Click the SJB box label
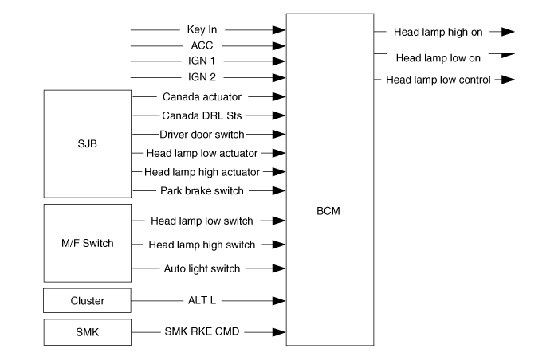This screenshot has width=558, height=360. pyautogui.click(x=87, y=143)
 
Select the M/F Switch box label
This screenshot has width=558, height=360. pyautogui.click(x=88, y=244)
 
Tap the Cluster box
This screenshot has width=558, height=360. pyautogui.click(x=87, y=300)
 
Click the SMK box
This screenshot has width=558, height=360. pyautogui.click(x=88, y=332)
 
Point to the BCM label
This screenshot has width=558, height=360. pyautogui.click(x=328, y=211)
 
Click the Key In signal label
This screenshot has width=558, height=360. pyautogui.click(x=202, y=29)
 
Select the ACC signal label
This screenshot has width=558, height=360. pyautogui.click(x=202, y=45)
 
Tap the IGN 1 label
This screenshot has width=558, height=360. pyautogui.click(x=202, y=61)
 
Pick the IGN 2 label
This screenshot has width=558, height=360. pyautogui.click(x=202, y=77)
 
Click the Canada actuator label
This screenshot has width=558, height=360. pyautogui.click(x=202, y=96)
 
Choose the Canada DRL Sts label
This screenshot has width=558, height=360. pyautogui.click(x=202, y=115)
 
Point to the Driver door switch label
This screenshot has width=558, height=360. pyautogui.click(x=202, y=135)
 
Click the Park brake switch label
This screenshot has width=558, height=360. pyautogui.click(x=202, y=190)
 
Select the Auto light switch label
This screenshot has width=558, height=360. pyautogui.click(x=202, y=268)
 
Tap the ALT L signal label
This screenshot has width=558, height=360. pyautogui.click(x=202, y=300)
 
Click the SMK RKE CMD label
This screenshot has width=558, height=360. pyautogui.click(x=202, y=331)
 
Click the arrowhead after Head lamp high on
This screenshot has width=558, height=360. pyautogui.click(x=508, y=32)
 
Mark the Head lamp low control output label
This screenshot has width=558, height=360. pyautogui.click(x=438, y=80)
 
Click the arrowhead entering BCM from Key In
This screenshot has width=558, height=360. pyautogui.click(x=279, y=30)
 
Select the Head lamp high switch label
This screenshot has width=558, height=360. pyautogui.click(x=202, y=245)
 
